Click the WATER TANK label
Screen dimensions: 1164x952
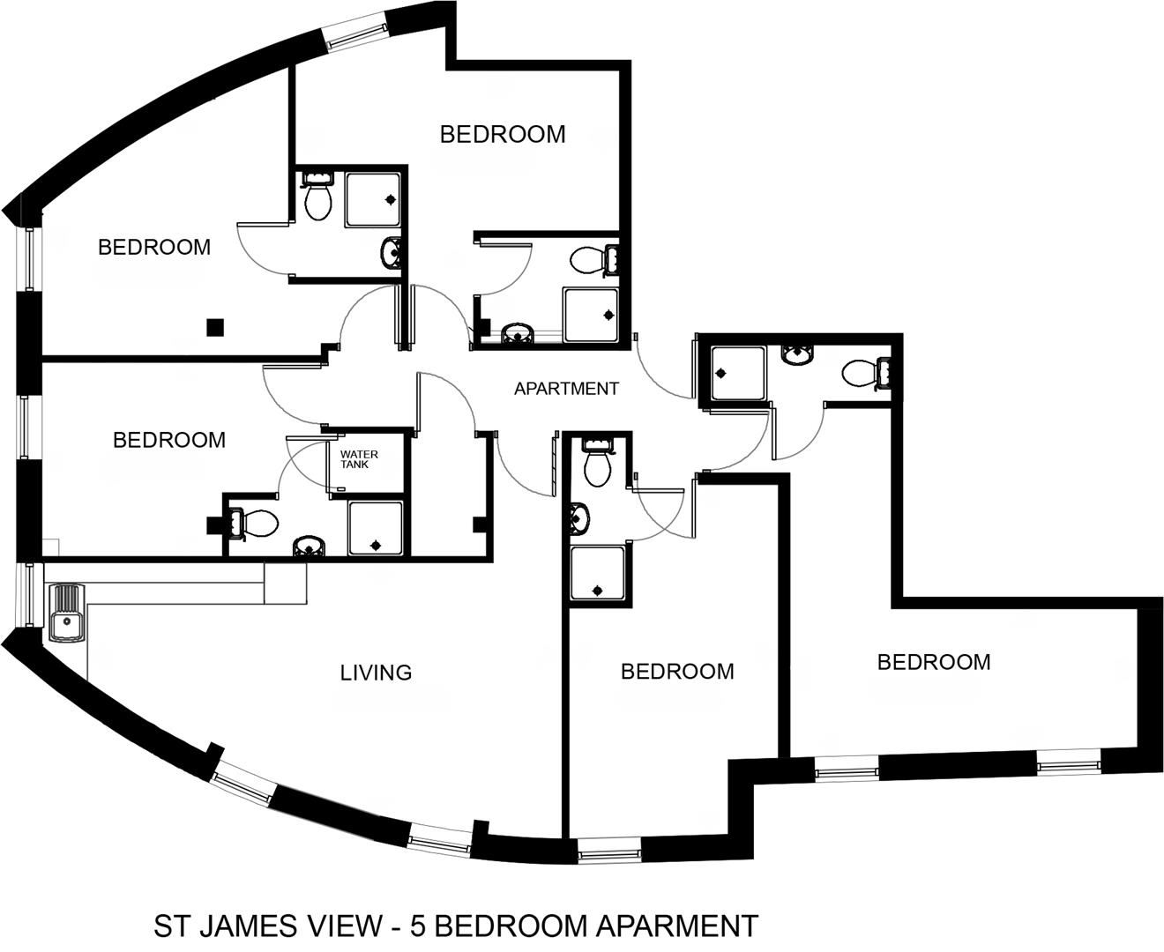pyautogui.click(x=359, y=459)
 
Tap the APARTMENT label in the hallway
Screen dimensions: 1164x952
pyautogui.click(x=566, y=389)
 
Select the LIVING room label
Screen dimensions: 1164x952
pyautogui.click(x=376, y=673)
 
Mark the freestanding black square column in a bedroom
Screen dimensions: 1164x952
pyautogui.click(x=215, y=327)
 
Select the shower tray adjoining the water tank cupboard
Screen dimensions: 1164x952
pyautogui.click(x=376, y=528)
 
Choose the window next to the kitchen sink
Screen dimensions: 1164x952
pyautogui.click(x=29, y=595)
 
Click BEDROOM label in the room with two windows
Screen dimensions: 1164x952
pyautogui.click(x=934, y=662)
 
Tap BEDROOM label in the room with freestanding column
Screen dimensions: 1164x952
pyautogui.click(x=154, y=247)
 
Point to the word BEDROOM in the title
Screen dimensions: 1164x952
pyautogui.click(x=510, y=926)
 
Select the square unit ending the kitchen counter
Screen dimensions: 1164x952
pyautogui.click(x=286, y=583)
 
